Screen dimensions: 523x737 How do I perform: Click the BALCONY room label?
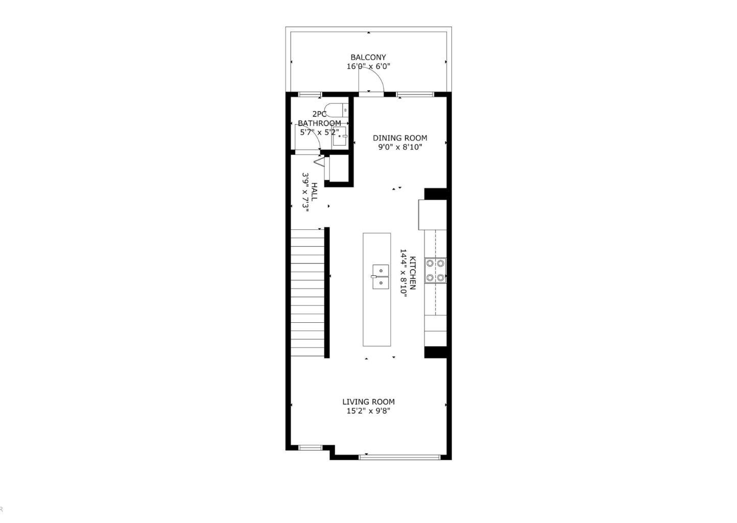(368, 57)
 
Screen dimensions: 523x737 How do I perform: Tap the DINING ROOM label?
(399, 138)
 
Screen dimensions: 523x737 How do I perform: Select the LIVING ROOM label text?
(368, 402)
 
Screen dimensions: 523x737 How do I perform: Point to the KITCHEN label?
(413, 273)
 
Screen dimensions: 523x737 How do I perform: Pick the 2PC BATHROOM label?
(319, 119)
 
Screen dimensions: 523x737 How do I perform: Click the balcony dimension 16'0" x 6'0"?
(369, 66)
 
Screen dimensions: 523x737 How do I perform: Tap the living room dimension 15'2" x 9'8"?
(368, 411)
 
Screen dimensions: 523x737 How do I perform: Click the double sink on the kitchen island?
(380, 277)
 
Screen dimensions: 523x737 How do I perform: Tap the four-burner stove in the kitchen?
(435, 270)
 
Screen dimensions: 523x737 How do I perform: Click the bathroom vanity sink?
(339, 137)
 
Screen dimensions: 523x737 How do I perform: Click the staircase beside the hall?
(308, 293)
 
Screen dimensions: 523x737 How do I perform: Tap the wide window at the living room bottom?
(399, 457)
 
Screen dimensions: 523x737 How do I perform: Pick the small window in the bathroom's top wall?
(310, 94)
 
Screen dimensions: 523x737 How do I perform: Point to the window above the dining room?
(415, 94)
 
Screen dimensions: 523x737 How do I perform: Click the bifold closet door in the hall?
(320, 162)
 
